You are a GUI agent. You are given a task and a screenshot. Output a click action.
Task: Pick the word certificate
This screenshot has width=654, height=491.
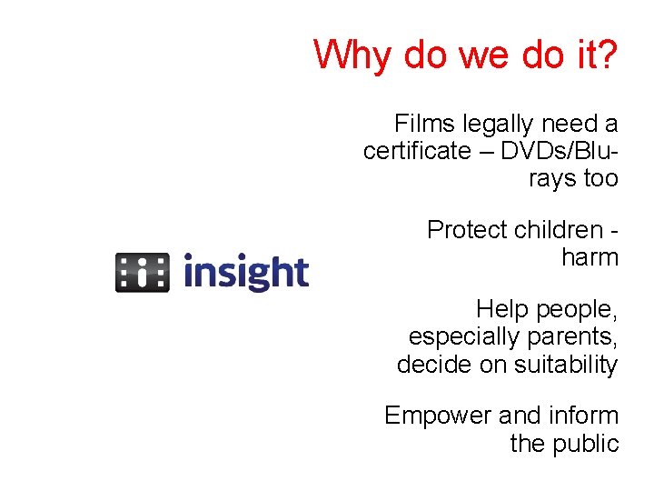(x=416, y=151)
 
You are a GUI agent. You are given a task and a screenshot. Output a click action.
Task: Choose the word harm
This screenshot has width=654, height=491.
(x=590, y=257)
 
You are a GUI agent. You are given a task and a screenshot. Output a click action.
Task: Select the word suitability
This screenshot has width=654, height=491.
(x=565, y=364)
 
